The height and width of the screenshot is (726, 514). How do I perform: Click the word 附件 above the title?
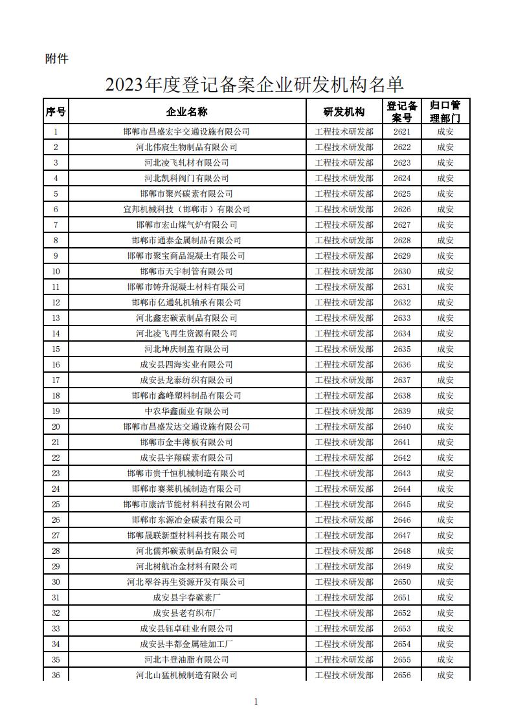click(57, 59)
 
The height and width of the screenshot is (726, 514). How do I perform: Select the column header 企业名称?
click(186, 111)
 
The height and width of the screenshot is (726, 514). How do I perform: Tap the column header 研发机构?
click(344, 111)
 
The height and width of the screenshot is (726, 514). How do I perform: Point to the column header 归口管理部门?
click(445, 111)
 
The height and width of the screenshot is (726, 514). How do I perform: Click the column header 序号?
click(56, 111)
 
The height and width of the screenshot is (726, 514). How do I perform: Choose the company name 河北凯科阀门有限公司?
click(186, 178)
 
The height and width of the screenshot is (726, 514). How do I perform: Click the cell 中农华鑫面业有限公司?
click(186, 411)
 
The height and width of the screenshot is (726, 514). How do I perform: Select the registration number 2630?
click(402, 271)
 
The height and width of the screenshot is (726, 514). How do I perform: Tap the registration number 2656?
click(402, 675)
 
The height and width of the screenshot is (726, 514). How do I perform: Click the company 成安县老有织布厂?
click(186, 613)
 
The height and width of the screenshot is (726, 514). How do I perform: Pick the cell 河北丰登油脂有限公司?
click(186, 659)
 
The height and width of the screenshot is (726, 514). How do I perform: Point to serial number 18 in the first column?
click(56, 395)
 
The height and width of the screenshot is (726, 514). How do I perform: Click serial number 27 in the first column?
click(56, 535)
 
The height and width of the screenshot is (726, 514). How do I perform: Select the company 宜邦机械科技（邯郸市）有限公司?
click(186, 209)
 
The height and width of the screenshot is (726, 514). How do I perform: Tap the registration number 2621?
click(402, 131)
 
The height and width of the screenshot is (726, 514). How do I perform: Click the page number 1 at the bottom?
click(256, 701)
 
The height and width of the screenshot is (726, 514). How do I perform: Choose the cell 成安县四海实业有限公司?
click(186, 364)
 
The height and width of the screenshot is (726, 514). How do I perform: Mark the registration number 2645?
click(402, 504)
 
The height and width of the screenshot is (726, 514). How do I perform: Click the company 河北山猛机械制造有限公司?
click(186, 675)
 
